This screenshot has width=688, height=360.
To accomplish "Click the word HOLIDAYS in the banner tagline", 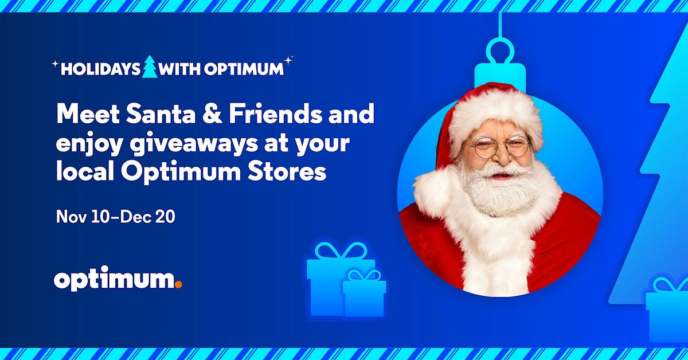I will (x=100, y=69).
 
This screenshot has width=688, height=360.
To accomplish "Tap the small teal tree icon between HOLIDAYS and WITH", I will (x=150, y=67).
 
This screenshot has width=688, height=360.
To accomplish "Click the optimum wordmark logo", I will (x=115, y=281).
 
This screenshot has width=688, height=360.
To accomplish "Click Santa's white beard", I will (x=499, y=189).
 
